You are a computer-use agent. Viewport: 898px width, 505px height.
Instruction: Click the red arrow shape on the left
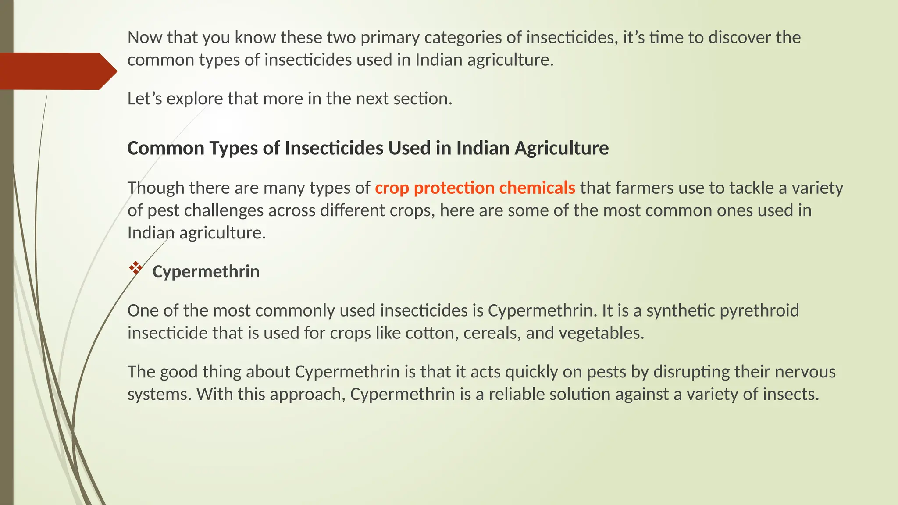tap(55, 71)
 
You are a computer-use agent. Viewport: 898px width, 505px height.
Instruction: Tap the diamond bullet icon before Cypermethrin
tap(135, 268)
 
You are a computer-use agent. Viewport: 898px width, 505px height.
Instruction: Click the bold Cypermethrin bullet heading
tap(206, 272)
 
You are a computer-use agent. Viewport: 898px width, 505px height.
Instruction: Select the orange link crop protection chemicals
tap(475, 188)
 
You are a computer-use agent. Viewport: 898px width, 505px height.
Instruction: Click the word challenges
tap(223, 210)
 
